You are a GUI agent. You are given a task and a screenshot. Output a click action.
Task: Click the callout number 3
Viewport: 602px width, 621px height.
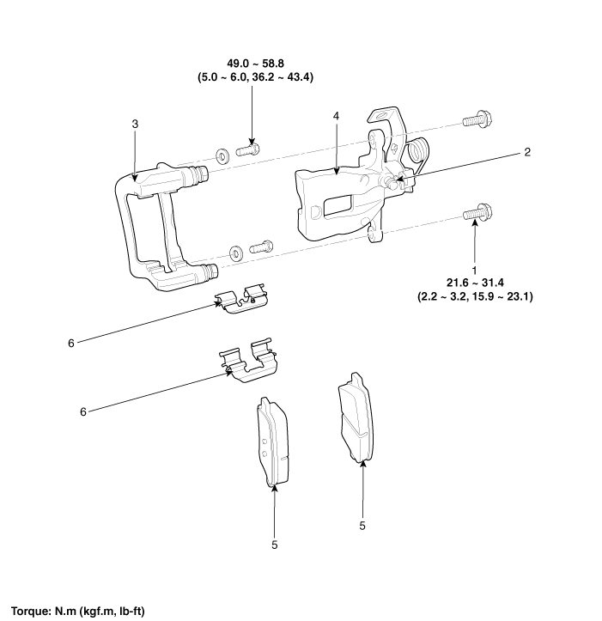[135, 124]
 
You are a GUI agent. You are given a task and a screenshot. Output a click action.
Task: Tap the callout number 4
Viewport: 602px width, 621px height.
[337, 116]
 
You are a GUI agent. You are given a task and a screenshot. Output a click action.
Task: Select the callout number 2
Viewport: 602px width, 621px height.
[526, 152]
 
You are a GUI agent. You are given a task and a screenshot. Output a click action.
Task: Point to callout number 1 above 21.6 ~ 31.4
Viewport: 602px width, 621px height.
[475, 271]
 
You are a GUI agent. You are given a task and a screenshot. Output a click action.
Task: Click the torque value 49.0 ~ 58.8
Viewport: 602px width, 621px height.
[255, 64]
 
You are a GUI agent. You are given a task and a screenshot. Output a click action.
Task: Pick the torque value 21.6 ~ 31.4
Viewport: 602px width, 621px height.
[475, 283]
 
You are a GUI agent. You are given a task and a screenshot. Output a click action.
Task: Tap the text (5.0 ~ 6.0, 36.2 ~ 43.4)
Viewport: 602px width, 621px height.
[255, 76]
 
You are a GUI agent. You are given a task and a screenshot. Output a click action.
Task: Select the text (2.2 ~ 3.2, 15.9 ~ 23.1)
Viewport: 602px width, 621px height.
[475, 296]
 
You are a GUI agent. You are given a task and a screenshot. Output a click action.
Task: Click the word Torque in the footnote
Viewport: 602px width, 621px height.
[29, 611]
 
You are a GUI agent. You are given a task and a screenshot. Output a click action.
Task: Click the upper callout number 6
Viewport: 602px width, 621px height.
[71, 344]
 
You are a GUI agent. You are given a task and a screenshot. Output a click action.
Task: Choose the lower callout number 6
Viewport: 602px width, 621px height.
[82, 412]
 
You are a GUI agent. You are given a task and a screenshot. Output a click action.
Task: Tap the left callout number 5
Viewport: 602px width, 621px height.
[275, 545]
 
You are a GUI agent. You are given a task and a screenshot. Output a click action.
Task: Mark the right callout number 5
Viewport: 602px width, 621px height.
[362, 526]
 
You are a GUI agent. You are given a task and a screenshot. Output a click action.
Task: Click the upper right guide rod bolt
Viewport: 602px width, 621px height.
[478, 119]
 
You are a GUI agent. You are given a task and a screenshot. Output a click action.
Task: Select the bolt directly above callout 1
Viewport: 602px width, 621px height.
[478, 213]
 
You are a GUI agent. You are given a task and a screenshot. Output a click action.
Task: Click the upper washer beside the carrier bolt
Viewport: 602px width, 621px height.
[222, 155]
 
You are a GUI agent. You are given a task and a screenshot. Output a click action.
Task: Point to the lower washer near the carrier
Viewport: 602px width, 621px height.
[237, 253]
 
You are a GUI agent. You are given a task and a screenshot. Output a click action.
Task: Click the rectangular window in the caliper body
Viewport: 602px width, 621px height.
[337, 206]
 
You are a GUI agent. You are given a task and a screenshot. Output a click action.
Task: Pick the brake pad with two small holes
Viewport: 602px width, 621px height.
[272, 441]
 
